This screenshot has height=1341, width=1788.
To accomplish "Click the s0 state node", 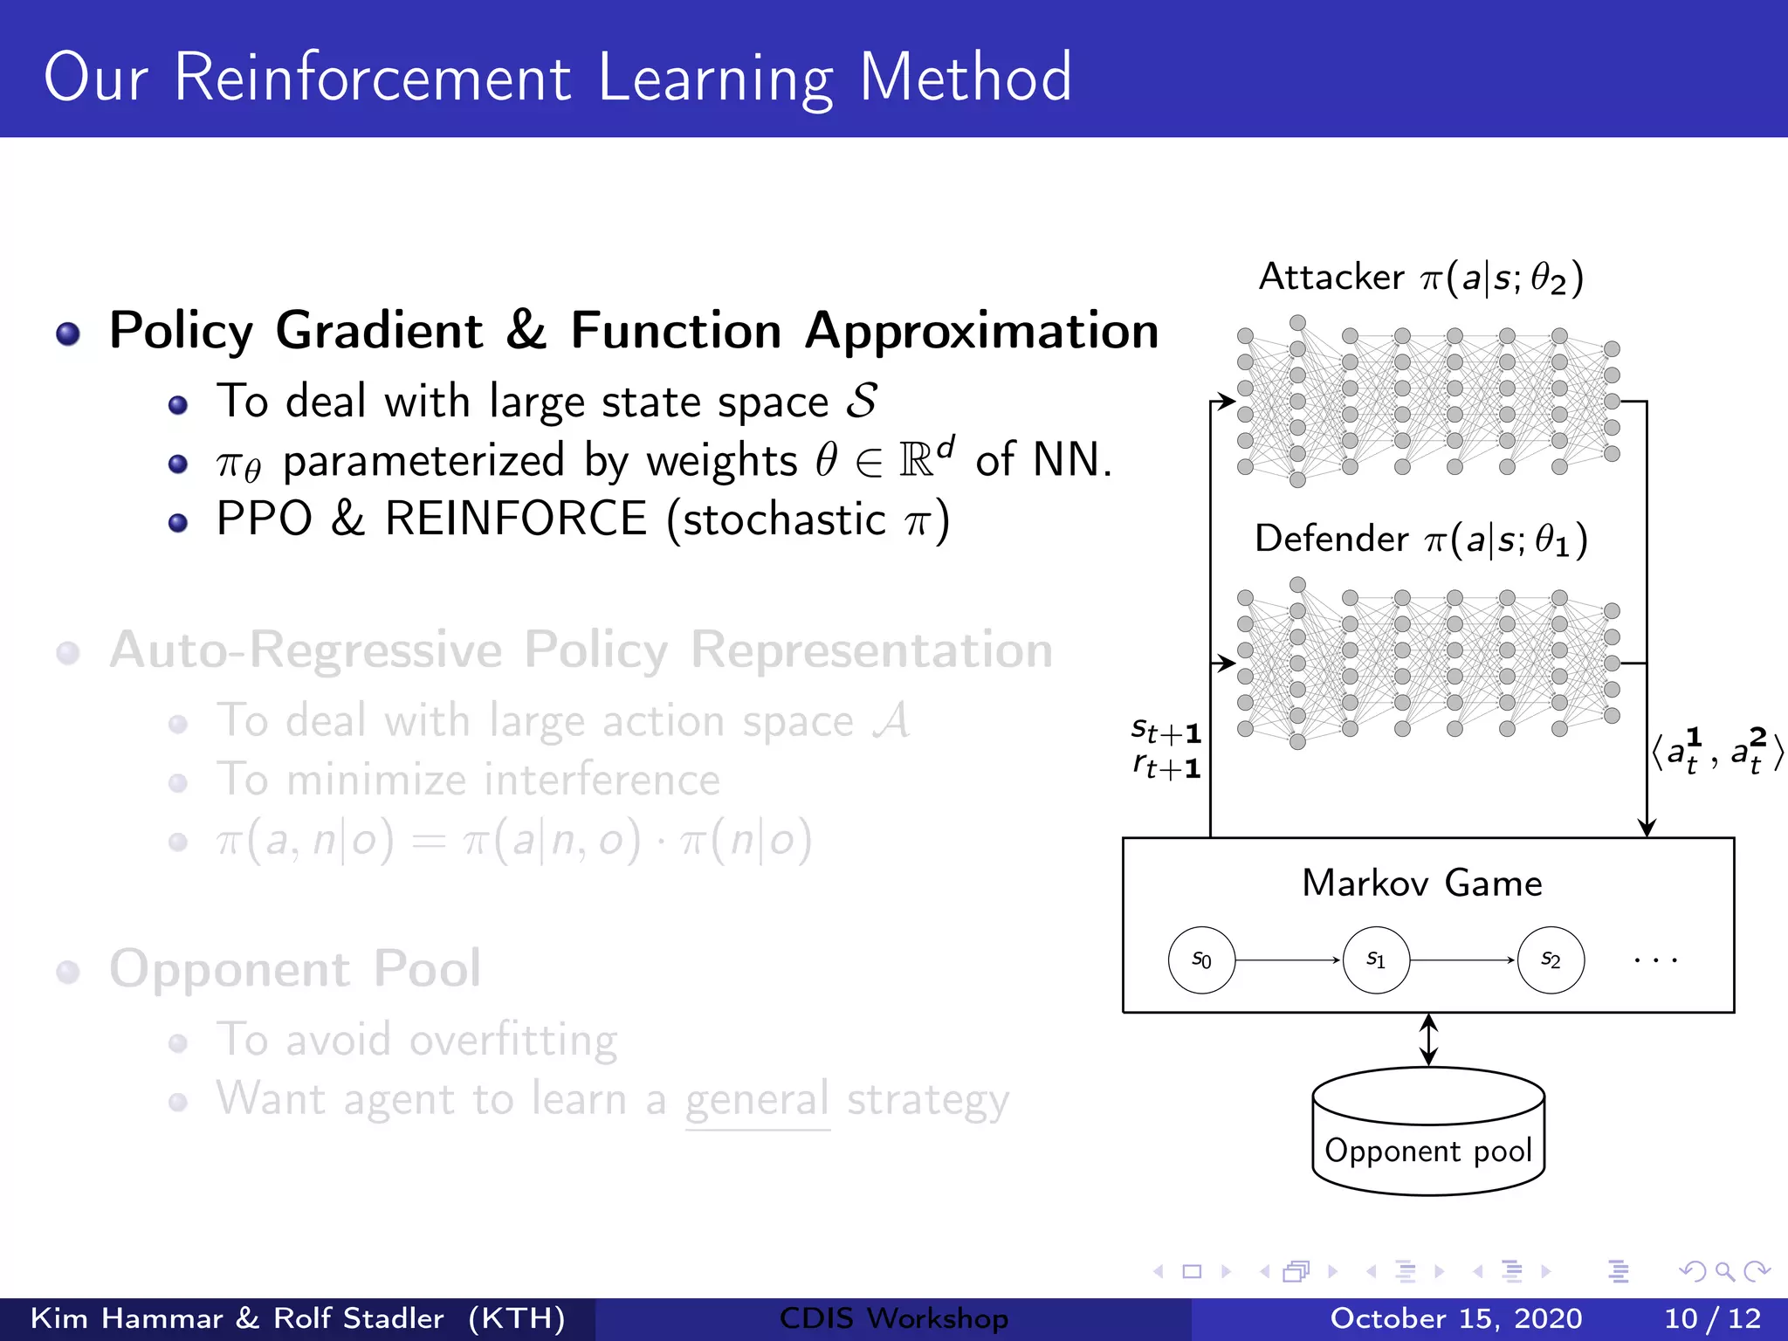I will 1201,959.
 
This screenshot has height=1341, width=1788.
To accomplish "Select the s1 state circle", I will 1376,959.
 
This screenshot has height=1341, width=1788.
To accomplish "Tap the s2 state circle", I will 1551,959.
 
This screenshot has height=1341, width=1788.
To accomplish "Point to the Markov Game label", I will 1422,884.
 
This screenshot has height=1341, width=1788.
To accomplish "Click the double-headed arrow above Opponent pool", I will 1428,1039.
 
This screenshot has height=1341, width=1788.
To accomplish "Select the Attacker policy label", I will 1420,278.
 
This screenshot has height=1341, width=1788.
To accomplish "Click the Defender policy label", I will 1420,540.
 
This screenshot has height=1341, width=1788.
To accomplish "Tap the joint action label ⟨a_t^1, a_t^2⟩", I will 1716,751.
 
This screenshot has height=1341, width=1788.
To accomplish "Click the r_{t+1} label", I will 1166,767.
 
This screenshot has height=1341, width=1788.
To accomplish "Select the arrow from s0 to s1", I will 1288,959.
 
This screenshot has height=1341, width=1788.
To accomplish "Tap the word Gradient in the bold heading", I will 379,331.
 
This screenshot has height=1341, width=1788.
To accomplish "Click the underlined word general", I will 756,1099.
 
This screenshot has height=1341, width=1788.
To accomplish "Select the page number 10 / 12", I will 1712,1318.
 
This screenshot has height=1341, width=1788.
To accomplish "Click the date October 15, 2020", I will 1455,1318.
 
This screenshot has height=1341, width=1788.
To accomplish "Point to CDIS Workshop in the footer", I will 893,1318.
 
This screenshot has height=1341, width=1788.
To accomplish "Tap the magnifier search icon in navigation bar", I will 1724,1271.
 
